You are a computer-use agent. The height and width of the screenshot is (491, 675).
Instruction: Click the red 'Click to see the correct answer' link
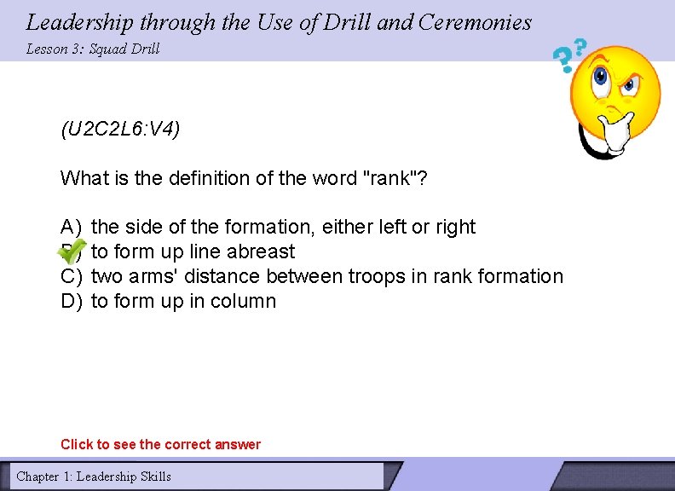pyautogui.click(x=160, y=444)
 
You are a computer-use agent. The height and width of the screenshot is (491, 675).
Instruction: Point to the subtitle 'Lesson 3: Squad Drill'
pyautogui.click(x=93, y=49)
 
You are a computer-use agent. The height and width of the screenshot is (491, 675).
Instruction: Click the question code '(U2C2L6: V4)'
pyautogui.click(x=120, y=130)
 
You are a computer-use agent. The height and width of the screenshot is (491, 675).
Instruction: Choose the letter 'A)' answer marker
pyautogui.click(x=71, y=227)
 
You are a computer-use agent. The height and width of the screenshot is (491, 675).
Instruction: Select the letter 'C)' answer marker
pyautogui.click(x=71, y=276)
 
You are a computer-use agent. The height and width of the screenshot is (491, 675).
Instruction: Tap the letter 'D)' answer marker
pyautogui.click(x=71, y=301)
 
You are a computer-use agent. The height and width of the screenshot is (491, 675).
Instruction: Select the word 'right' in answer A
pyautogui.click(x=455, y=227)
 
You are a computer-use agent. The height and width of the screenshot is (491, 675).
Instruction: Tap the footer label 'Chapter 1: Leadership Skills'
pyautogui.click(x=94, y=477)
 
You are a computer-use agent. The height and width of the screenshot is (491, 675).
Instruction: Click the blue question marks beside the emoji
pyautogui.click(x=569, y=55)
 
